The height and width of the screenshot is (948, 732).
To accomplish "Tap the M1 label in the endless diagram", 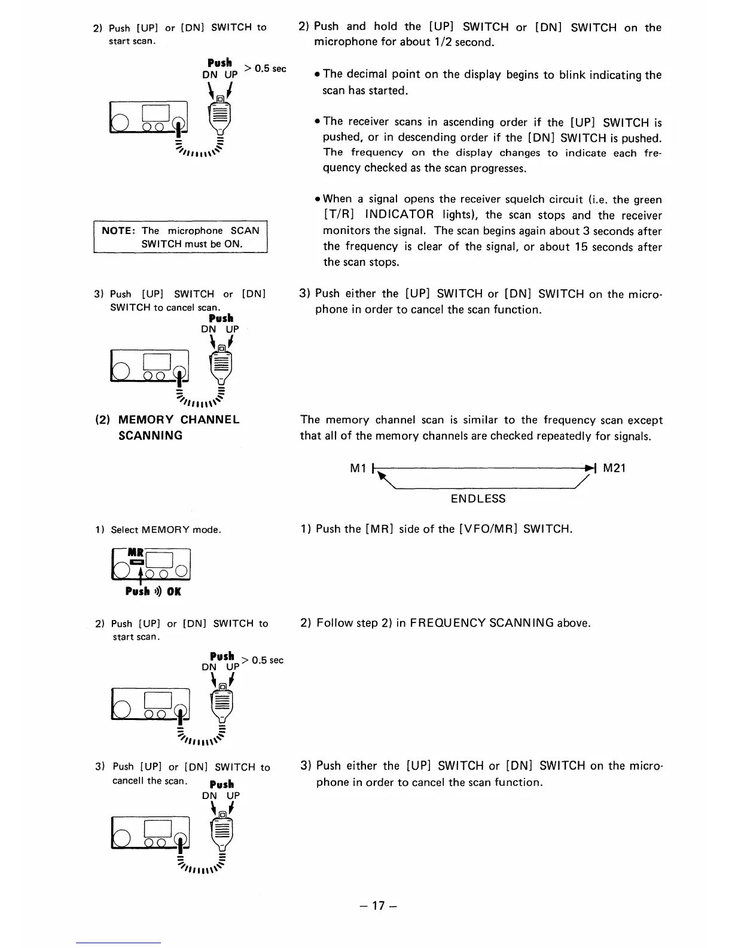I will click(x=358, y=469).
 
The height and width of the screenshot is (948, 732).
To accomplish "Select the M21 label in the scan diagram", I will click(x=614, y=468).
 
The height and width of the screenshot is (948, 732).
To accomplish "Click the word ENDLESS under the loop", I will click(x=478, y=499).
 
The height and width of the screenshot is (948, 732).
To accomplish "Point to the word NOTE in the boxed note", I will click(x=118, y=230).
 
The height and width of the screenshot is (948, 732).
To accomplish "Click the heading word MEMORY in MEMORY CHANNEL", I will click(x=146, y=420).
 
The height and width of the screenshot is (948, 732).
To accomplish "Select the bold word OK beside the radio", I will click(x=173, y=591).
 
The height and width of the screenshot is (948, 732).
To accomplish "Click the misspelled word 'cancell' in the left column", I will click(x=129, y=780).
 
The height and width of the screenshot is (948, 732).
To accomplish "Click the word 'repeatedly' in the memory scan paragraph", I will click(x=562, y=436).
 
